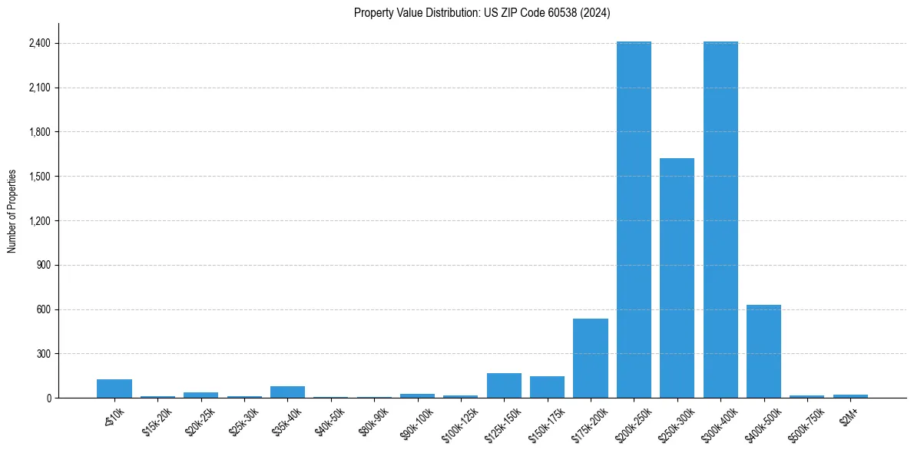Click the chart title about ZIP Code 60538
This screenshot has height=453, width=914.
[x=482, y=13]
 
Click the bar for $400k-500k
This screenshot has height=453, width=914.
[x=763, y=352]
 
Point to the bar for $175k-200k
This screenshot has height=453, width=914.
[x=591, y=359]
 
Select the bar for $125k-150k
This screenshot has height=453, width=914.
[x=504, y=385]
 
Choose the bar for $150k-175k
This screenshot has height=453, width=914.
[x=547, y=387]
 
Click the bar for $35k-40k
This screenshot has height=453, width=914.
[x=287, y=392]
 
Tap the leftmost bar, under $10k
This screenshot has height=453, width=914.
[x=114, y=389]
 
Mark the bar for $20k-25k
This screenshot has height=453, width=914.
[x=200, y=395]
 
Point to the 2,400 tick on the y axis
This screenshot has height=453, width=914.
[x=38, y=44]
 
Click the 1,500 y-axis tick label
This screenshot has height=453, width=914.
[x=38, y=177]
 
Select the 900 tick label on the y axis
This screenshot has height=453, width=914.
[x=42, y=266]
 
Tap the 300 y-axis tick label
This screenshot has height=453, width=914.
[x=42, y=354]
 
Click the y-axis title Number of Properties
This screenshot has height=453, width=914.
[x=12, y=210]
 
